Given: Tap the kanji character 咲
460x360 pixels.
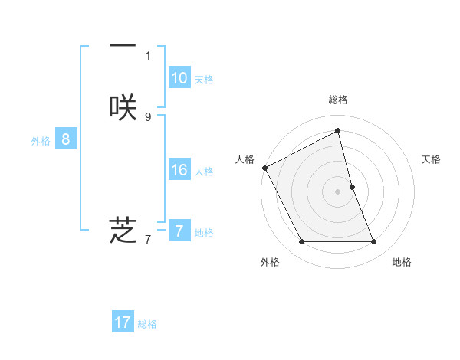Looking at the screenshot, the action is click(x=123, y=107).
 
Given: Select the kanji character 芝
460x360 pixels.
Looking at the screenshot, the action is click(x=123, y=229).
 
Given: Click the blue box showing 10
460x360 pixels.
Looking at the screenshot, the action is click(x=179, y=78).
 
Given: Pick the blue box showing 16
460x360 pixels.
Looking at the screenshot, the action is click(x=179, y=170).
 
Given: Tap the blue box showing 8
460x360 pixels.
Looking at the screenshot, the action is click(x=66, y=139).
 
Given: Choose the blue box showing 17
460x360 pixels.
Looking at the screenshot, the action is click(x=123, y=322).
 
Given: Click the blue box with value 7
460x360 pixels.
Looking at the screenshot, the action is click(x=179, y=231).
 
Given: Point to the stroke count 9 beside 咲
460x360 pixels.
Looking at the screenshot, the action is click(x=148, y=116).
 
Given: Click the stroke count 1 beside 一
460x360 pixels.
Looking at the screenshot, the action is click(x=148, y=55).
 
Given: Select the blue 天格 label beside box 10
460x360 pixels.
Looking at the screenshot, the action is click(x=204, y=80).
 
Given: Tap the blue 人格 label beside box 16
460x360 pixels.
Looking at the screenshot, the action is click(x=204, y=172).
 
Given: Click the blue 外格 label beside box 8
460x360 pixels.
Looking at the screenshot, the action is click(x=41, y=141).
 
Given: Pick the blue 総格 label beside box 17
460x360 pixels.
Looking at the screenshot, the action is click(x=147, y=324).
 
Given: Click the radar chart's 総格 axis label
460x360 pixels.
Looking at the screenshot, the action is click(x=338, y=100).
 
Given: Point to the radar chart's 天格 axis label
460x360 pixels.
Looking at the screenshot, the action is click(x=432, y=159).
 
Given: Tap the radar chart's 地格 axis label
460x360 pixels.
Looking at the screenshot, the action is click(x=402, y=262).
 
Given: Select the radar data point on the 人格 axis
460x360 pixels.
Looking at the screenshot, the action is click(x=264, y=168).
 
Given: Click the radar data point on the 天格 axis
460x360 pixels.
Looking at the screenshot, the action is click(x=352, y=187).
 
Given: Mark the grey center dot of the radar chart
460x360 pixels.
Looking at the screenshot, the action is click(x=338, y=191).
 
